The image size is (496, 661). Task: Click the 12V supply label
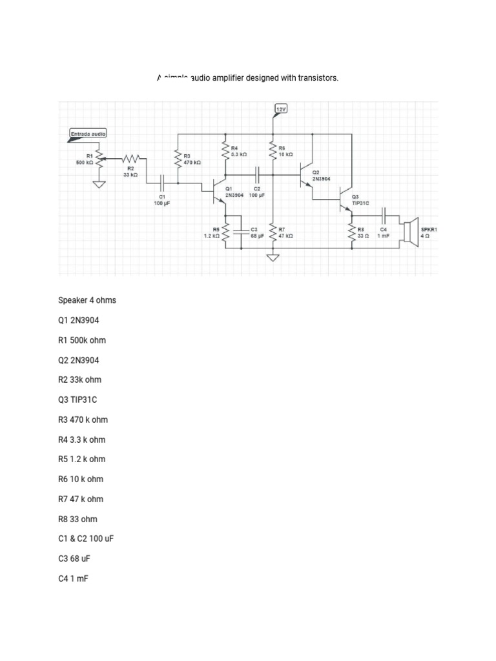coord(280,109)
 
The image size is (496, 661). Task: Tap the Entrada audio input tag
coord(88,134)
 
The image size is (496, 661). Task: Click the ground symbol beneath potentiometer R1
coord(99,185)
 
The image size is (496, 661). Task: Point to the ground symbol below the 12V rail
coord(273,258)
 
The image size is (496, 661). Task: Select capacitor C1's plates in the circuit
coord(162,183)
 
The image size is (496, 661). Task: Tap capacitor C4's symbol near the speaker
coord(384,215)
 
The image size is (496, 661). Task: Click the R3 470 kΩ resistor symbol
coord(178,157)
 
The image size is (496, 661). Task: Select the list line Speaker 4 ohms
coord(87,300)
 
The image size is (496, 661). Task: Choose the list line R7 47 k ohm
coord(80,499)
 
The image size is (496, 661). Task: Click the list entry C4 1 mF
coord(73,578)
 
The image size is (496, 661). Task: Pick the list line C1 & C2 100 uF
coord(86,538)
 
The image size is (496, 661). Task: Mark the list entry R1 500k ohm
coord(82,340)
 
